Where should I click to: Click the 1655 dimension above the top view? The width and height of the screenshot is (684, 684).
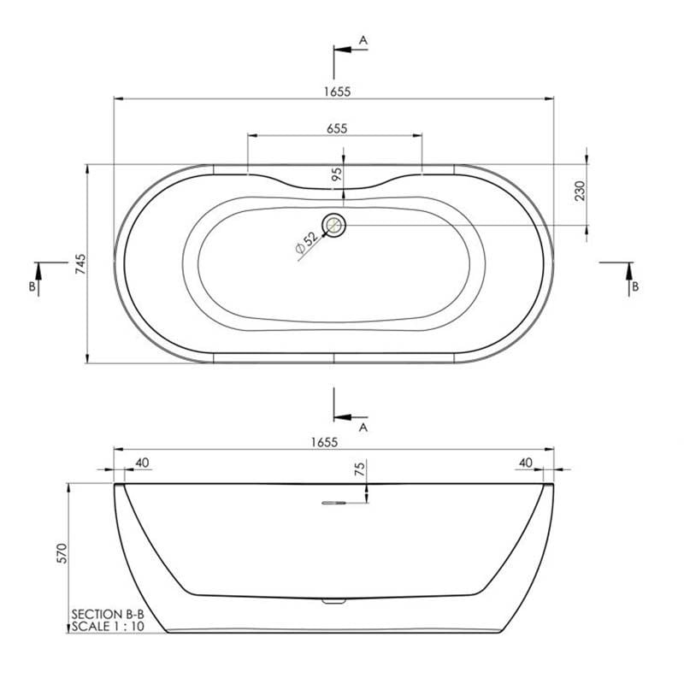tap(337, 91)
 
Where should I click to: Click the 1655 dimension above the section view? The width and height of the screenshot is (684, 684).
tap(324, 442)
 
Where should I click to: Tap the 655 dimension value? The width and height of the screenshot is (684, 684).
tap(337, 129)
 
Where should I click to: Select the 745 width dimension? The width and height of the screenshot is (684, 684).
tap(80, 264)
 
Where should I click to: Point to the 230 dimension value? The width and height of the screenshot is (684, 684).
tap(581, 191)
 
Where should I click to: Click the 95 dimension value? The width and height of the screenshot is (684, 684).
tap(337, 174)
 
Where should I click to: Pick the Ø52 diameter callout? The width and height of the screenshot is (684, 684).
tap(307, 243)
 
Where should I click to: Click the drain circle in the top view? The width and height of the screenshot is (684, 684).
tap(333, 226)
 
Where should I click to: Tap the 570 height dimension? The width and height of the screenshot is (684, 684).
tap(62, 553)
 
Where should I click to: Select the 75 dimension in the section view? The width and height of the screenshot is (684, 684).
tap(360, 469)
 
